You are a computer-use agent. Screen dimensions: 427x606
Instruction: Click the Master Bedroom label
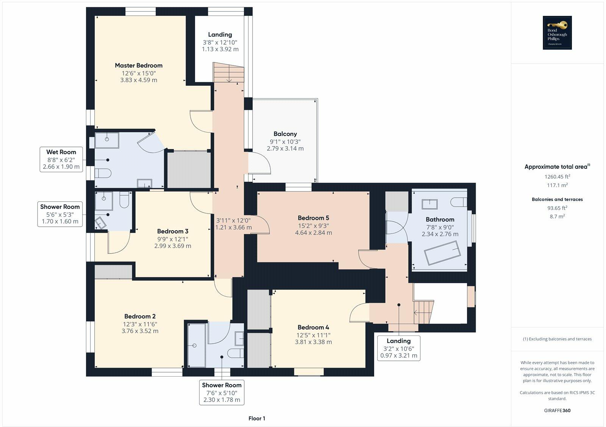tap(139, 65)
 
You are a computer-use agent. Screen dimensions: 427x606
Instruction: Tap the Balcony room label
tap(285, 134)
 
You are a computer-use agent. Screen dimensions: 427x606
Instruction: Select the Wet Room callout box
tap(61, 159)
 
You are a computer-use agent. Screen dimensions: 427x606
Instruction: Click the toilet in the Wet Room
tap(103, 173)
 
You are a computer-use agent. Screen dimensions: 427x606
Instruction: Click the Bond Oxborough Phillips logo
tap(557, 33)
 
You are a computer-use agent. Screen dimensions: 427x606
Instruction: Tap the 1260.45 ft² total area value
tap(557, 176)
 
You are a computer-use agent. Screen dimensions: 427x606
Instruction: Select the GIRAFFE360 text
tap(557, 410)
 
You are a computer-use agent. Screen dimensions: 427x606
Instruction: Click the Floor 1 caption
tap(257, 418)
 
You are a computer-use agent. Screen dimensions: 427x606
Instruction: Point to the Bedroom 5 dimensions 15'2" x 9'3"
tap(314, 226)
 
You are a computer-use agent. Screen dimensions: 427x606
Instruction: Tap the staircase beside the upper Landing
tap(228, 72)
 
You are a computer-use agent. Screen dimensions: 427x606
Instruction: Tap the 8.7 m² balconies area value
tap(557, 217)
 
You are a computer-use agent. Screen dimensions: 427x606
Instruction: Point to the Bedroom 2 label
tap(140, 316)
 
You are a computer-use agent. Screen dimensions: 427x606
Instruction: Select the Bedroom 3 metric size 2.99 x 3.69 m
tap(172, 246)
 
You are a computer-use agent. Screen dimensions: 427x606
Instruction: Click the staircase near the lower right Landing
tap(423, 312)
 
